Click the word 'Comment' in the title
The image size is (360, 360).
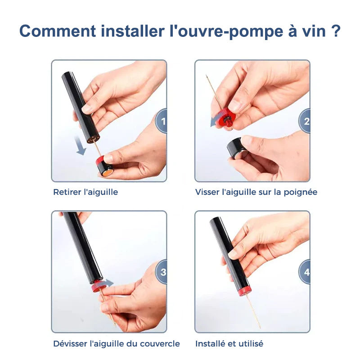point(58,31)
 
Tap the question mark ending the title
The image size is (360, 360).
point(336,31)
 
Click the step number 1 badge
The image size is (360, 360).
point(162,121)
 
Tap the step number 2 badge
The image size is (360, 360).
point(305,121)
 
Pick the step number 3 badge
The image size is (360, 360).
point(162,272)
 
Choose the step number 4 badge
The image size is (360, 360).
point(305,272)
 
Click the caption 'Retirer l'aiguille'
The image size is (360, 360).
point(85,192)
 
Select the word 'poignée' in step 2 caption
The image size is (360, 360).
point(301,193)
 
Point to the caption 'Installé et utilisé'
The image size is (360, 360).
point(229,344)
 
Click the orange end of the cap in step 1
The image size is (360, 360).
point(107,173)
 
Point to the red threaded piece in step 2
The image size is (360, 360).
point(226,119)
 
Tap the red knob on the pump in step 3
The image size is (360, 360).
point(97,286)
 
